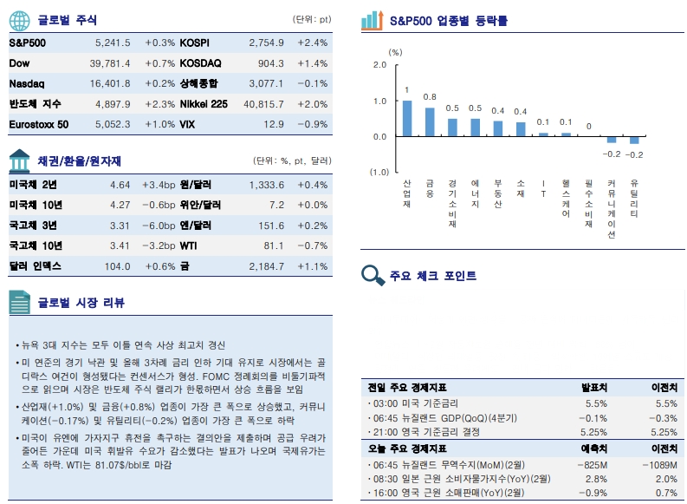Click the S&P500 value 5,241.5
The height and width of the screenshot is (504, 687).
pos(113,43)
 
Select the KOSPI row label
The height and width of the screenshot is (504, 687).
pos(194,43)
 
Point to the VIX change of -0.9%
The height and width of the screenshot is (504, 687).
pos(312,125)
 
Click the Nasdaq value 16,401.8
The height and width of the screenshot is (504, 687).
pos(110,83)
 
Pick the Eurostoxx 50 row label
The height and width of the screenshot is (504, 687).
pos(38,125)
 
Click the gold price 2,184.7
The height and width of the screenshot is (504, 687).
pos(266,266)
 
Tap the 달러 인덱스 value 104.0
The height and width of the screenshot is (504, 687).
pos(117,266)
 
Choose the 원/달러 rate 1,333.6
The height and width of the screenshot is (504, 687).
pos(266,185)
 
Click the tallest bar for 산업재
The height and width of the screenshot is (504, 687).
pos(407,118)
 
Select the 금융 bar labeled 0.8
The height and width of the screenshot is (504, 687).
pos(430,121)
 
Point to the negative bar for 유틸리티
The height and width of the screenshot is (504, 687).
pos(634,140)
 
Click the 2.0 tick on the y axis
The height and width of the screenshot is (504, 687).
pos(379,65)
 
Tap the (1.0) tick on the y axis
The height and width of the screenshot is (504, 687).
pos(378,173)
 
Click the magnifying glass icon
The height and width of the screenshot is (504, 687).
pos(373,276)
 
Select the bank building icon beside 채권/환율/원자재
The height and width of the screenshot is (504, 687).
pos(20,160)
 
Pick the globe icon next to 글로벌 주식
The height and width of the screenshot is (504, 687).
pos(20,19)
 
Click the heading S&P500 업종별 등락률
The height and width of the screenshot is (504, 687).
pos(449,19)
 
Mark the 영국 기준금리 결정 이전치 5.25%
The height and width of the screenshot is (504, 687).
pos(664,432)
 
